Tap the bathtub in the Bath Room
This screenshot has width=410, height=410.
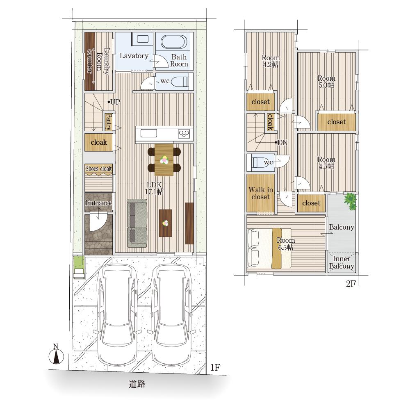(173, 42)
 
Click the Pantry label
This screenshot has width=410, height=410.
(109, 122)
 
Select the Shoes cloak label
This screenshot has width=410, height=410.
(98, 169)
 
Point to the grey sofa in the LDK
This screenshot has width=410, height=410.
(137, 223)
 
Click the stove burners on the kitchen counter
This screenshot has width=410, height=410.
(184, 134)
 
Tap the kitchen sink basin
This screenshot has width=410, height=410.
(148, 133)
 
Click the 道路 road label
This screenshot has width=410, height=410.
(137, 384)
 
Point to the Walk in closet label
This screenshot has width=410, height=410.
(260, 193)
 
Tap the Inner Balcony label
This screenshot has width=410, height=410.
(342, 262)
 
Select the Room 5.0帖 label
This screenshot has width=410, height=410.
(326, 82)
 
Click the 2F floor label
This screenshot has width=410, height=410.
(351, 284)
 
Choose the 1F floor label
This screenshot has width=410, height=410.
(215, 368)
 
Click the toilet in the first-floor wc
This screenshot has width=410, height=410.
(180, 82)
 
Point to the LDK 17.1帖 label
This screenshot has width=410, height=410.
(154, 188)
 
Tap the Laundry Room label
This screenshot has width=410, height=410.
(103, 61)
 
